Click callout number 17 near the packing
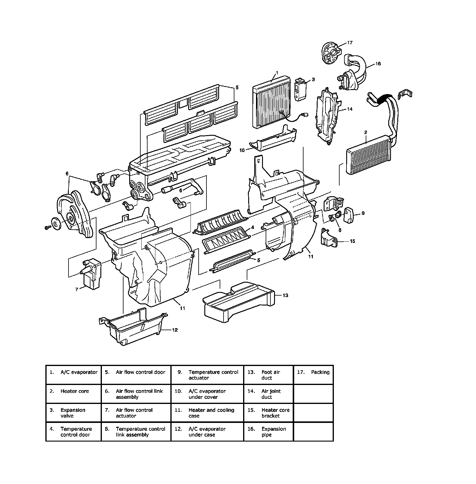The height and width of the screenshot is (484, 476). click(x=350, y=43)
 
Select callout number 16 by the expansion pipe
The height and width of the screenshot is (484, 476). click(x=378, y=64)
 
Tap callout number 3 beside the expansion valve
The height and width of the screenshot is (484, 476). click(x=313, y=79)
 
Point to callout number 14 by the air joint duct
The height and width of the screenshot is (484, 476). click(x=350, y=109)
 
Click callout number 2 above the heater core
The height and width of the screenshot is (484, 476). click(x=365, y=132)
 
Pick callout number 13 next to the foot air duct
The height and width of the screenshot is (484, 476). click(x=285, y=295)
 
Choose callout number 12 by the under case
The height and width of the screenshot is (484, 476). click(x=175, y=330)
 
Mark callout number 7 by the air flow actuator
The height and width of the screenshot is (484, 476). click(x=77, y=289)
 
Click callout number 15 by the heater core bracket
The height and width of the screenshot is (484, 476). click(x=352, y=241)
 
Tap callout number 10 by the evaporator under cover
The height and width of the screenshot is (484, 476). click(x=242, y=150)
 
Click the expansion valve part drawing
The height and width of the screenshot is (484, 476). click(x=300, y=89)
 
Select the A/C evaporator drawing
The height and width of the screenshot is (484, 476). click(x=272, y=103)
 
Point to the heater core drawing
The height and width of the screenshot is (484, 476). click(x=370, y=155)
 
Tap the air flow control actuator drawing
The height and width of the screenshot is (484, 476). click(x=91, y=273)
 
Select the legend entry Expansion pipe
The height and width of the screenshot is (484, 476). click(x=274, y=432)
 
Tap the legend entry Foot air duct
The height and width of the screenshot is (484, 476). click(x=271, y=375)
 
